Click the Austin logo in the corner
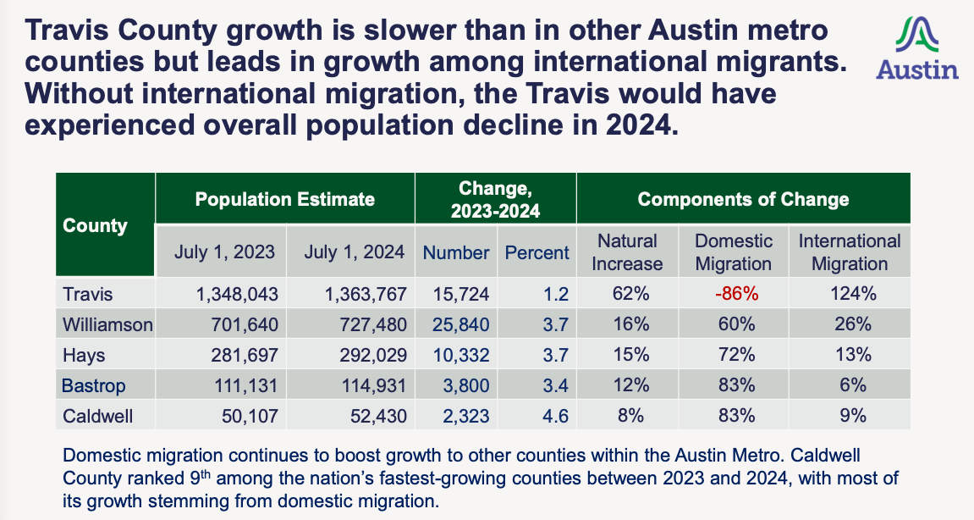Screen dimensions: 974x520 pyautogui.click(x=917, y=48)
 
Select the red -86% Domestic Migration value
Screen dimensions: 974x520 pyautogui.click(x=737, y=294)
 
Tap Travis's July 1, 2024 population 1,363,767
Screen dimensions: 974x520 pyautogui.click(x=366, y=294)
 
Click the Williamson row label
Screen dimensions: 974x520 pyautogui.click(x=107, y=324)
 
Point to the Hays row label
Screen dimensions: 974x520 pyautogui.click(x=84, y=355)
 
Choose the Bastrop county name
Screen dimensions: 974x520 pyautogui.click(x=94, y=385)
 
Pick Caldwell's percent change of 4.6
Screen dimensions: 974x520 pyautogui.click(x=555, y=416)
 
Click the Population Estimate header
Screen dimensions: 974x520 pyautogui.click(x=285, y=199)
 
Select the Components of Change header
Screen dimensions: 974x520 pyautogui.click(x=744, y=199)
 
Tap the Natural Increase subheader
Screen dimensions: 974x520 pyautogui.click(x=627, y=252)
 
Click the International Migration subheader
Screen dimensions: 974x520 pyautogui.click(x=850, y=252)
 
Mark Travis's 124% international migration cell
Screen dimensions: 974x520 pyautogui.click(x=854, y=294)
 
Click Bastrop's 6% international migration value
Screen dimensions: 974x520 pyautogui.click(x=853, y=385)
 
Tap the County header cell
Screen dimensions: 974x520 pyautogui.click(x=95, y=225)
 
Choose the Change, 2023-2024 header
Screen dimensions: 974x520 pyautogui.click(x=496, y=200)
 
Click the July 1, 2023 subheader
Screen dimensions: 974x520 pyautogui.click(x=224, y=252)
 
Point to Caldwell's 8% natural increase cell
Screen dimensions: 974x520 pyautogui.click(x=631, y=416)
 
